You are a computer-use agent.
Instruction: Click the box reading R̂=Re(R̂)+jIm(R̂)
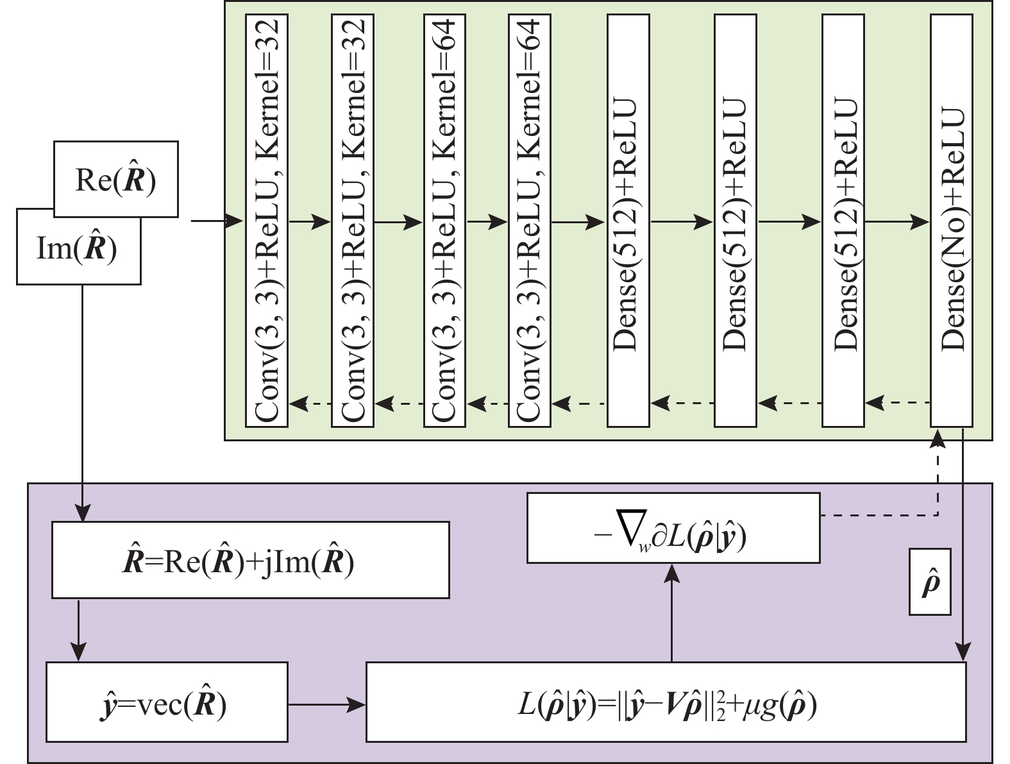point(250,560)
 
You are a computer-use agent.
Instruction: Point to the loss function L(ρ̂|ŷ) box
point(666,702)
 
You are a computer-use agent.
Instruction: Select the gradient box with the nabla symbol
point(673,528)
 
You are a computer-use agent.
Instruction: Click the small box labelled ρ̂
point(930,582)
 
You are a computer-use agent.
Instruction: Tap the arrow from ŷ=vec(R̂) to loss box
point(326,705)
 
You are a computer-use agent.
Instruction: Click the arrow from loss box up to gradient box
point(671,612)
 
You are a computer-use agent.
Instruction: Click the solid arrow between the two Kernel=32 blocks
point(310,222)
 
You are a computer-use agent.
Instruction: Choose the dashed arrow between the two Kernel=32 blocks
point(310,403)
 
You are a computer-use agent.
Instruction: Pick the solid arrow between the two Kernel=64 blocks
point(487,222)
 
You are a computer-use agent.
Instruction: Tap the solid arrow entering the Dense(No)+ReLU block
point(897,222)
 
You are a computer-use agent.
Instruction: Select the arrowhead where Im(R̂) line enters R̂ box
point(83,514)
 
